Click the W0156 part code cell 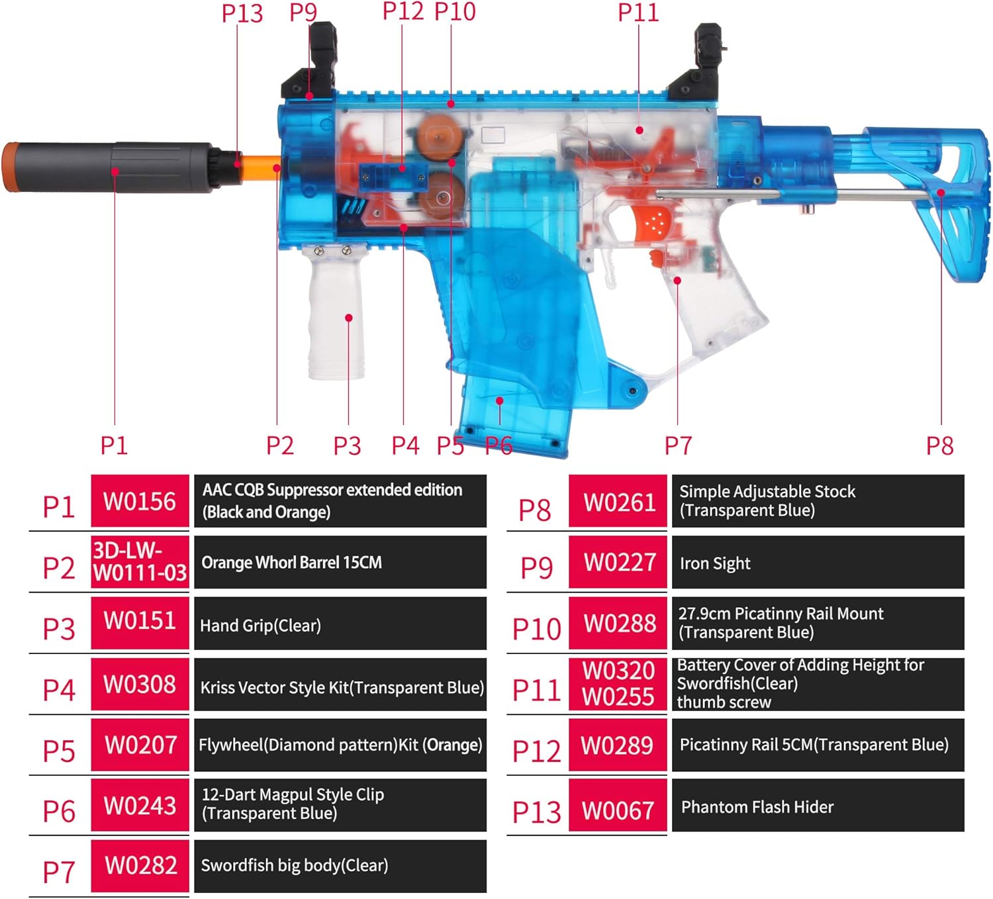[x=140, y=501]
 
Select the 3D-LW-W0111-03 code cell [x=140, y=562]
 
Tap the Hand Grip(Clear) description [x=340, y=624]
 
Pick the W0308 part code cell [x=140, y=685]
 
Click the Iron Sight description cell [x=818, y=563]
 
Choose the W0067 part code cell [x=618, y=810]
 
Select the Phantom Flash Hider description [x=818, y=806]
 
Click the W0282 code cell [x=140, y=866]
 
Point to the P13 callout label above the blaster [x=242, y=13]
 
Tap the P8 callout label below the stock [x=939, y=446]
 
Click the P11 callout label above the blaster [x=638, y=12]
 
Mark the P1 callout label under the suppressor [x=114, y=446]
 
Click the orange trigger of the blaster [x=655, y=258]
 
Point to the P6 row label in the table [x=58, y=811]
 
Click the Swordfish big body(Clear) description [x=340, y=866]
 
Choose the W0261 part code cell [x=618, y=502]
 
